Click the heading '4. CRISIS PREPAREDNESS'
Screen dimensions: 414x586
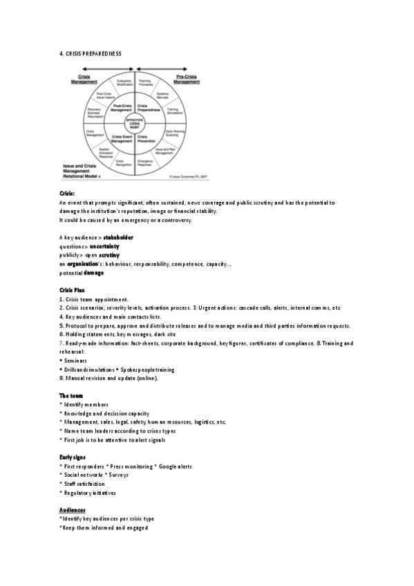tap(91, 53)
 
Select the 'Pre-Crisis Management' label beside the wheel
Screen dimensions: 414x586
tap(185, 79)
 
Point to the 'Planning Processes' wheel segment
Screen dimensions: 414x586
tap(146, 82)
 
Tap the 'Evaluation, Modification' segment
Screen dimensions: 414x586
tap(124, 82)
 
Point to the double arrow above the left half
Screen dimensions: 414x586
tap(107, 69)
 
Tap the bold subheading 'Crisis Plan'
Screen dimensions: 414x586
tap(72, 290)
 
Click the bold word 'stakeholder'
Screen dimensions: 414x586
tap(118, 237)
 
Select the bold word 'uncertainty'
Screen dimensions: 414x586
tap(104, 246)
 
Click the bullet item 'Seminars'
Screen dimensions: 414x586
tap(75, 361)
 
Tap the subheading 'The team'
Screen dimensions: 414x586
tap(71, 395)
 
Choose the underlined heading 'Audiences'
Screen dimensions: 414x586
tap(73, 510)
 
